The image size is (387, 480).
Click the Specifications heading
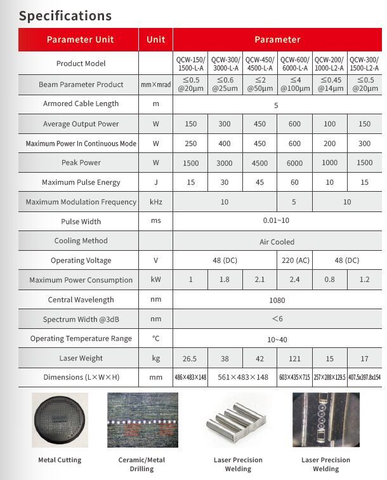click(65, 15)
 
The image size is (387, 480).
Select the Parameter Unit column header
click(80, 39)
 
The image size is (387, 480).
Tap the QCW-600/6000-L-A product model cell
click(294, 63)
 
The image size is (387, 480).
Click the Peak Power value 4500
click(259, 163)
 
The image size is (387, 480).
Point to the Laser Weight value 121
click(294, 358)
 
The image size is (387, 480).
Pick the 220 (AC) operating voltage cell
click(294, 260)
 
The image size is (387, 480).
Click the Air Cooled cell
click(277, 241)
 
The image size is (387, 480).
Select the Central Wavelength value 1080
click(277, 300)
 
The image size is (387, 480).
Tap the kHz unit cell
click(155, 202)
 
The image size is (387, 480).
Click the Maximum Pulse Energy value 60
click(294, 182)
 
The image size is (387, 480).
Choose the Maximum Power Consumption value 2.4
click(294, 280)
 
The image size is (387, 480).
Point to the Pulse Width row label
click(81, 222)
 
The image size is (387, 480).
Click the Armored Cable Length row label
click(81, 104)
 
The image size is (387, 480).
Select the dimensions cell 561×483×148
click(242, 377)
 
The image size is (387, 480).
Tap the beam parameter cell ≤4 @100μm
click(294, 84)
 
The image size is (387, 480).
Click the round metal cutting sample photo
click(60, 420)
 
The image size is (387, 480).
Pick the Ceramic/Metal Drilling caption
click(142, 464)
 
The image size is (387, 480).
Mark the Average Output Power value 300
click(225, 124)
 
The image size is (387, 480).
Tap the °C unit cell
click(155, 338)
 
